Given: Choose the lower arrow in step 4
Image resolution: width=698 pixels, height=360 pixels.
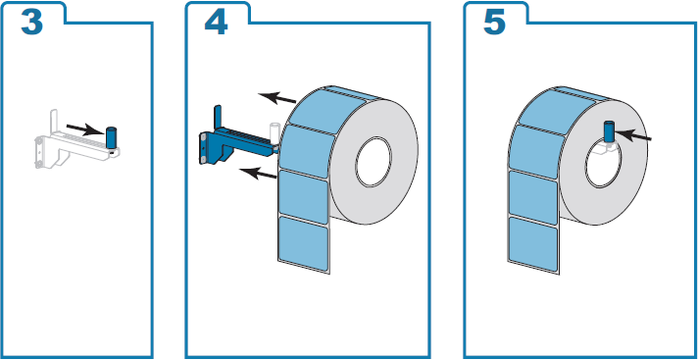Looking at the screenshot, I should [258, 174].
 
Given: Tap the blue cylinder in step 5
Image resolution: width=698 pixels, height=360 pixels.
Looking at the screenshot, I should [607, 131].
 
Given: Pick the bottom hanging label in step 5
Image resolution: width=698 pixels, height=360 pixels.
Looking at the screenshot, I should [534, 241].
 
